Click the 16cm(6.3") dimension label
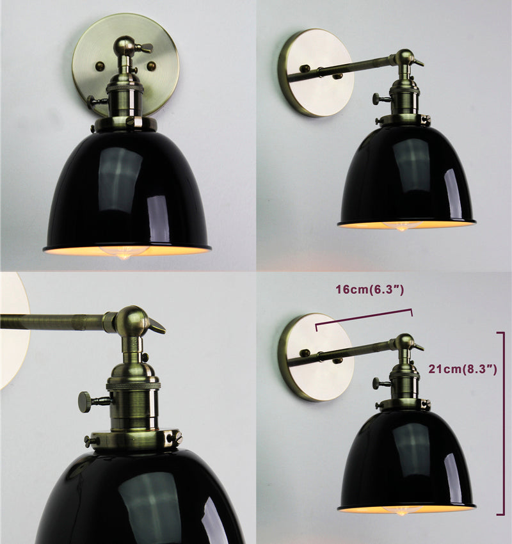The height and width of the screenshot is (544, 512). click(369, 290)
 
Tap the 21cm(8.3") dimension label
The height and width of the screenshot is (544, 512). click(462, 369)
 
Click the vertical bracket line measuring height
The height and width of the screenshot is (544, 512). click(503, 423)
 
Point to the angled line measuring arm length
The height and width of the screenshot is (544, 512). click(364, 317)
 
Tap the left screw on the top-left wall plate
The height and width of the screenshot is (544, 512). click(100, 65)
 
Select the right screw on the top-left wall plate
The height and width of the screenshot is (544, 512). click(151, 66)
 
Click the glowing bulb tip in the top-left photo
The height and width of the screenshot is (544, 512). click(122, 257)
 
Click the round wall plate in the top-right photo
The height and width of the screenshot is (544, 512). click(316, 72)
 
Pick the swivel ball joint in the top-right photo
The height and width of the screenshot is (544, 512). click(404, 57)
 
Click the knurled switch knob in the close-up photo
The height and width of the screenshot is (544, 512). click(85, 402)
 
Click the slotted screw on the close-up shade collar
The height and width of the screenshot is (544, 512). click(175, 435)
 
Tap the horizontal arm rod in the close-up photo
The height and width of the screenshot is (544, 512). click(52, 321)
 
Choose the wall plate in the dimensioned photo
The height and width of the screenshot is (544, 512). click(316, 357)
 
